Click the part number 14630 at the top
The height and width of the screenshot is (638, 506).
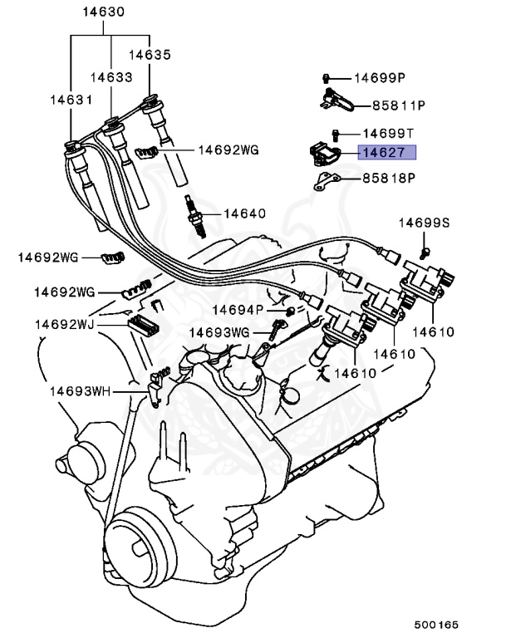point(104,12)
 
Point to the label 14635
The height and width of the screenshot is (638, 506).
point(150,55)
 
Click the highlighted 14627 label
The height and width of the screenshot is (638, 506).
point(386,152)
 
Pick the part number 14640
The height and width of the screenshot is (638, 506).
point(243,213)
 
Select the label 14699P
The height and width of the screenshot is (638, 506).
point(380,78)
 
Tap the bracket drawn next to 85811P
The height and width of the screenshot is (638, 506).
point(337,103)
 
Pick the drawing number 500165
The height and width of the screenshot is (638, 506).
point(438,624)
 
